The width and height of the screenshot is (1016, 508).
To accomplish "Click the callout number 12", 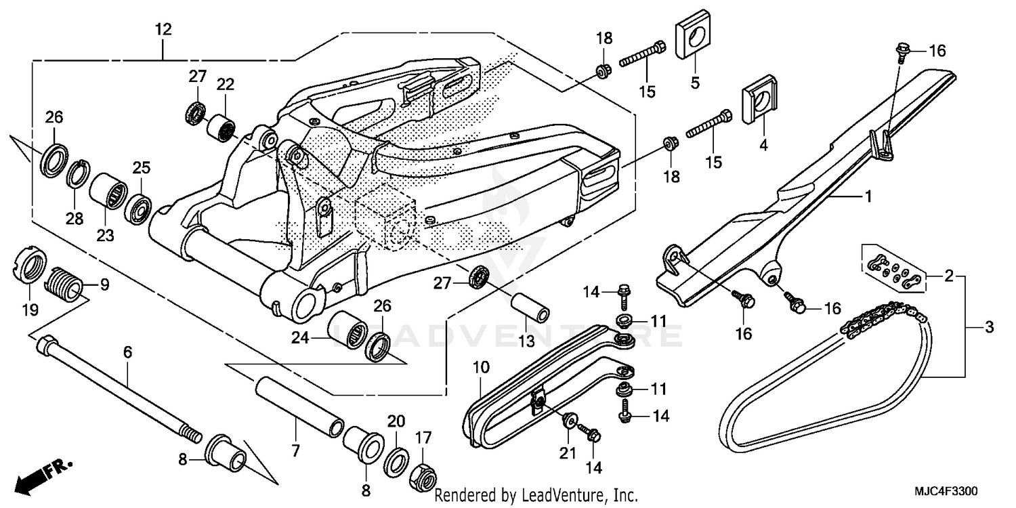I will click(163, 30).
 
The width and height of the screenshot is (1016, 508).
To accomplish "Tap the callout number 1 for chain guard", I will click(867, 197).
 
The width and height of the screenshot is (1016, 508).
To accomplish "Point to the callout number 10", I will click(480, 368).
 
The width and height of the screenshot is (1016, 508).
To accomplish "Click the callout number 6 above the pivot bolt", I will click(127, 352).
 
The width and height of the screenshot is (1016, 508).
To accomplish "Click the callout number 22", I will click(225, 85).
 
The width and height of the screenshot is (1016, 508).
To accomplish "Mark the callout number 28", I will click(74, 218).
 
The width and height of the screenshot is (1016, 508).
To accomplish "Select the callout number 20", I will click(396, 421).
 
